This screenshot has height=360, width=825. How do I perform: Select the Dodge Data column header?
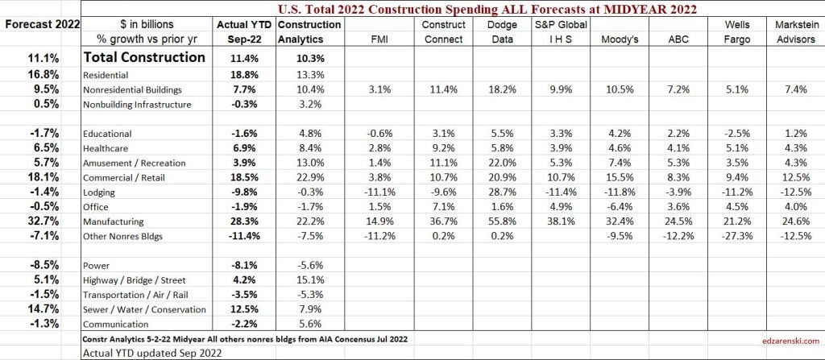[502, 31]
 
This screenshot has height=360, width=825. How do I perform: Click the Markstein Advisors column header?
[793, 31]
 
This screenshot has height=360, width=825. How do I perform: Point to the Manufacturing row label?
[113, 220]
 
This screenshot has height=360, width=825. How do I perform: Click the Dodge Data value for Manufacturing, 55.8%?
[502, 220]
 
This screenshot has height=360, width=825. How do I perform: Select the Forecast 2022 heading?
[40, 24]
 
